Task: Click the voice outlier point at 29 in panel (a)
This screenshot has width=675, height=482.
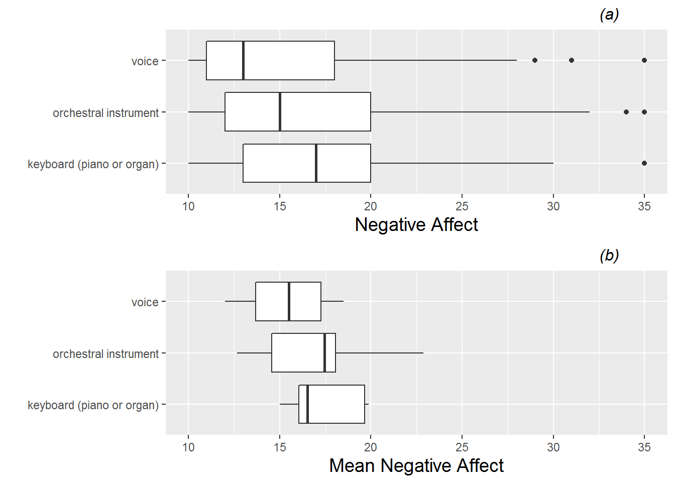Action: [x=535, y=60]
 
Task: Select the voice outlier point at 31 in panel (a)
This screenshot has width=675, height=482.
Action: [x=572, y=60]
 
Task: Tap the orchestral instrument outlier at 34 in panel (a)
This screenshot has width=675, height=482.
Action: [x=626, y=112]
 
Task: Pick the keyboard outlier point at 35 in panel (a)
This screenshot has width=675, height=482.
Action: [x=644, y=163]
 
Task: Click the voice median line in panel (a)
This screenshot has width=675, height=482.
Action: [x=243, y=60]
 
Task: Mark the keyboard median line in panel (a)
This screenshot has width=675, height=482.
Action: [x=316, y=163]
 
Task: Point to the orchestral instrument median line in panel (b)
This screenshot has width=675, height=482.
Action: [x=325, y=353]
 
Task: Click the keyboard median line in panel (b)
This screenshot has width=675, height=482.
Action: [x=307, y=404]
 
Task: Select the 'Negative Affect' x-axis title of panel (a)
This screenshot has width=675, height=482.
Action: [x=416, y=224]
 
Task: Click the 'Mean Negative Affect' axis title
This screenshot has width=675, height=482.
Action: [x=416, y=465]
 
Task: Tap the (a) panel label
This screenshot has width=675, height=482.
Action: [x=609, y=15]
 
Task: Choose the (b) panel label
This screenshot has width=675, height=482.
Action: [x=609, y=256]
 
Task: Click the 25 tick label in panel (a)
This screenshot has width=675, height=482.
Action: [x=462, y=206]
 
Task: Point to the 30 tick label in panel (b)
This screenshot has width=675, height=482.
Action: [x=553, y=447]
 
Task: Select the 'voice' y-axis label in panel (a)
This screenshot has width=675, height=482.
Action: [x=145, y=61]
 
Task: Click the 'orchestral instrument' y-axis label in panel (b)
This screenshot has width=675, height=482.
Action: [x=105, y=354]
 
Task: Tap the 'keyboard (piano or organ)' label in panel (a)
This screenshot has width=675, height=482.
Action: [x=93, y=164]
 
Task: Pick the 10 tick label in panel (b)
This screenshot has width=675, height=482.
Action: [x=188, y=447]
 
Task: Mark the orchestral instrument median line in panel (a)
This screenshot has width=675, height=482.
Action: [x=280, y=112]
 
